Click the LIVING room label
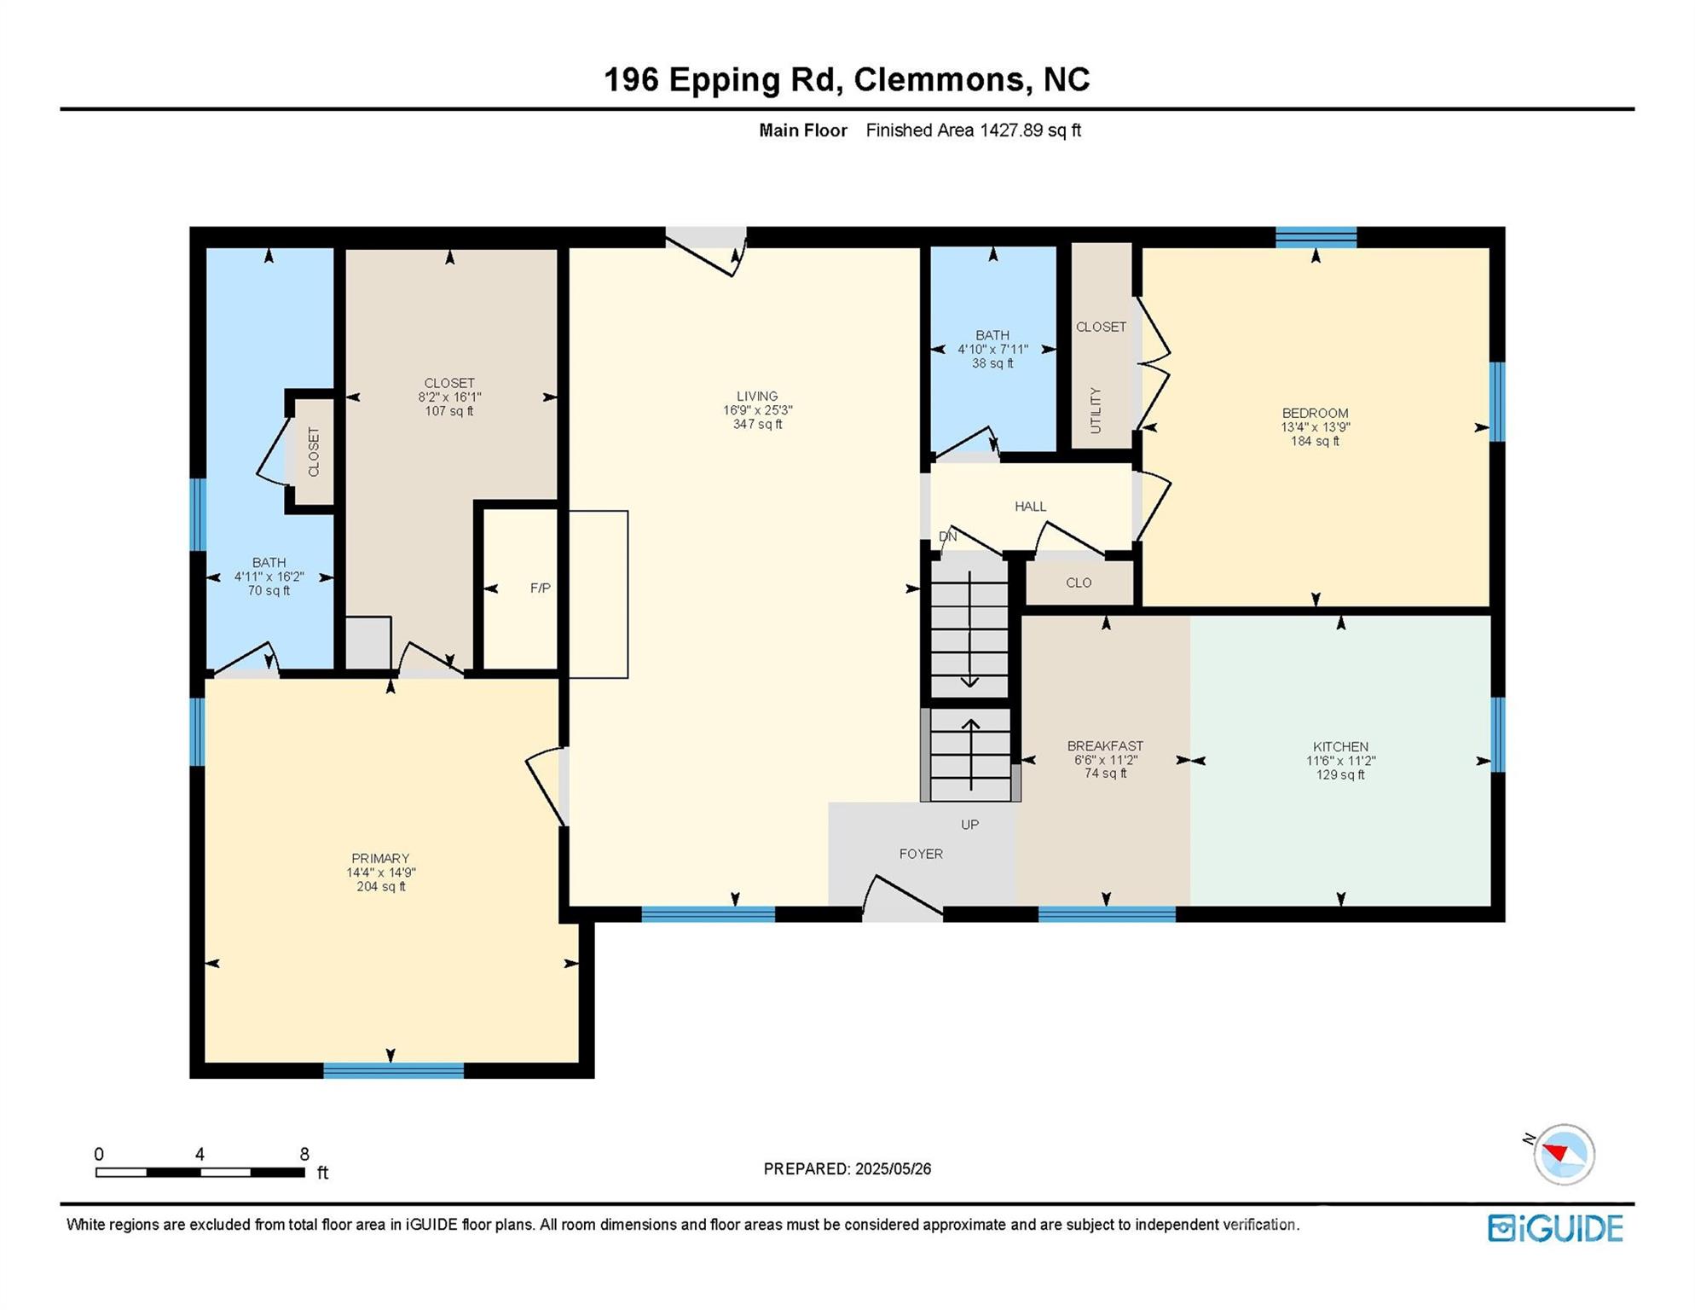(x=757, y=396)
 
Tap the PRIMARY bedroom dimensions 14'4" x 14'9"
(x=380, y=872)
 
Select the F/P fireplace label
(x=540, y=588)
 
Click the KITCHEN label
(x=1340, y=746)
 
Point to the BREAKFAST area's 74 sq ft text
(x=1105, y=774)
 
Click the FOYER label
(x=920, y=854)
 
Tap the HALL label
(x=1030, y=507)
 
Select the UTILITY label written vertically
(x=1096, y=410)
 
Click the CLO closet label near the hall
(x=1078, y=583)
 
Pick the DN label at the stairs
(x=947, y=536)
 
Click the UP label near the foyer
(x=969, y=825)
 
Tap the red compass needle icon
(x=1557, y=1153)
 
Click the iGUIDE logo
(x=1554, y=1228)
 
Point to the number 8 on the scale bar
(x=304, y=1154)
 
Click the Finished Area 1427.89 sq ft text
(x=973, y=130)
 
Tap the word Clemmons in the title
(x=940, y=79)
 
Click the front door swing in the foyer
(x=904, y=896)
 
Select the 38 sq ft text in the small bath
(x=992, y=363)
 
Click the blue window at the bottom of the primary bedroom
(x=393, y=1070)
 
